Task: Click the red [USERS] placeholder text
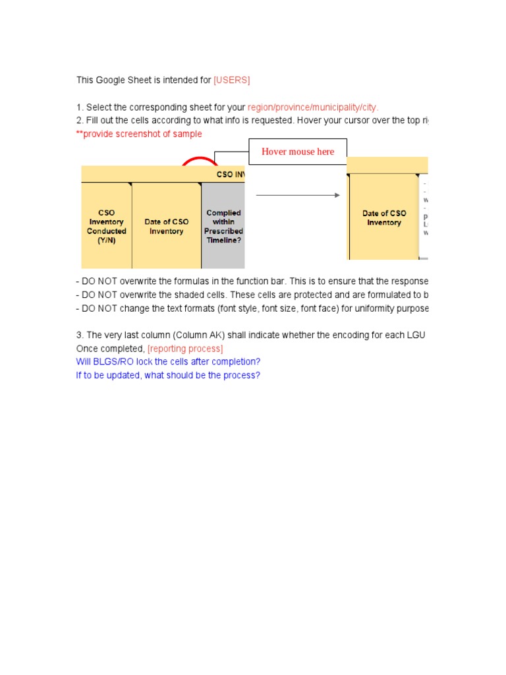231,80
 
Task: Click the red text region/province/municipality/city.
313,107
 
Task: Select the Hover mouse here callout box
297,152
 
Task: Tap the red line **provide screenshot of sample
139,134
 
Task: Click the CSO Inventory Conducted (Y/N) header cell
106,226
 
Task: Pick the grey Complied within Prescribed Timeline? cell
223,226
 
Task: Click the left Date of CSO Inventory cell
166,226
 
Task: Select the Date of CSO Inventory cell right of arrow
384,218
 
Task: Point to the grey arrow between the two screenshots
297,195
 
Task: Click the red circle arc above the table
200,160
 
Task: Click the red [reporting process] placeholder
185,349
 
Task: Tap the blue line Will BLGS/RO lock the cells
168,362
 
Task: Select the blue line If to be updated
168,375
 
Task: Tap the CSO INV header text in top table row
230,175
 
